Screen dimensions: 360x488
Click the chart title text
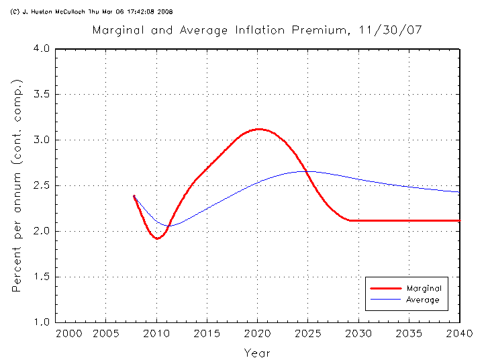(257, 30)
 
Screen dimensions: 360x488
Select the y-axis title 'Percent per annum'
(18, 185)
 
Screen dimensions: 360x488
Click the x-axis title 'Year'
(257, 352)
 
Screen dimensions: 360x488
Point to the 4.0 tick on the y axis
(42, 49)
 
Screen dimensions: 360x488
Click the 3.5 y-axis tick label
(42, 95)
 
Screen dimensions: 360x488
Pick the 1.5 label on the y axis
(42, 277)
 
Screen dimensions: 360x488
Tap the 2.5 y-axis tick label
(42, 185)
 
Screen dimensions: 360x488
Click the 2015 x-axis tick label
(207, 334)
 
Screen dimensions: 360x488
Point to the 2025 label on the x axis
(308, 334)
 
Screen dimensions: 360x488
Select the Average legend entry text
(423, 300)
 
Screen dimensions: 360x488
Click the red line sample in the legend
(385, 288)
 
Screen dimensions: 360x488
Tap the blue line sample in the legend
(385, 300)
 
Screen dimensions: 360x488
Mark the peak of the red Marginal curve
(258, 129)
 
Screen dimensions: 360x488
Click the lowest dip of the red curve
(157, 238)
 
